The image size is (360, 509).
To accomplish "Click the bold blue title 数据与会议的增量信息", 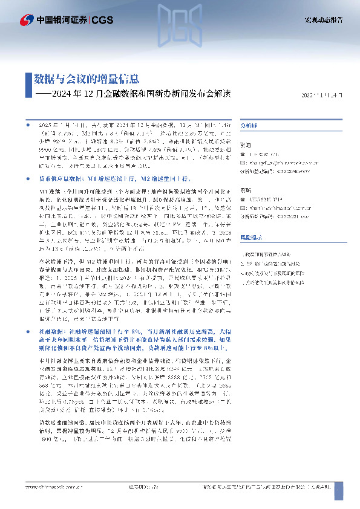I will (86, 79).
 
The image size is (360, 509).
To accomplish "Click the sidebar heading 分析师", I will (249, 126).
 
